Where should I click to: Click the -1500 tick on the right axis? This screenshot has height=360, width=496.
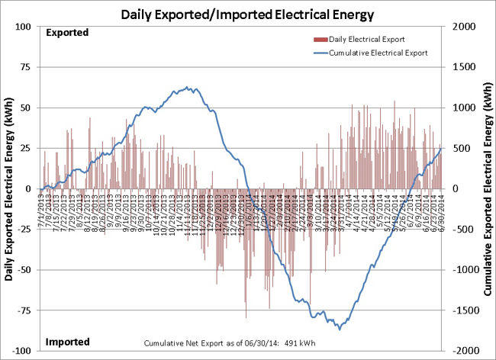[464, 310]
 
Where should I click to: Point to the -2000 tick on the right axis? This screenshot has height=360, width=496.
[464, 351]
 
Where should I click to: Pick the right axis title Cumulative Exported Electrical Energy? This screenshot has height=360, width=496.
[487, 189]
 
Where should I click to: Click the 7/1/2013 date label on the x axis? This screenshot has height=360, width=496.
[40, 209]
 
